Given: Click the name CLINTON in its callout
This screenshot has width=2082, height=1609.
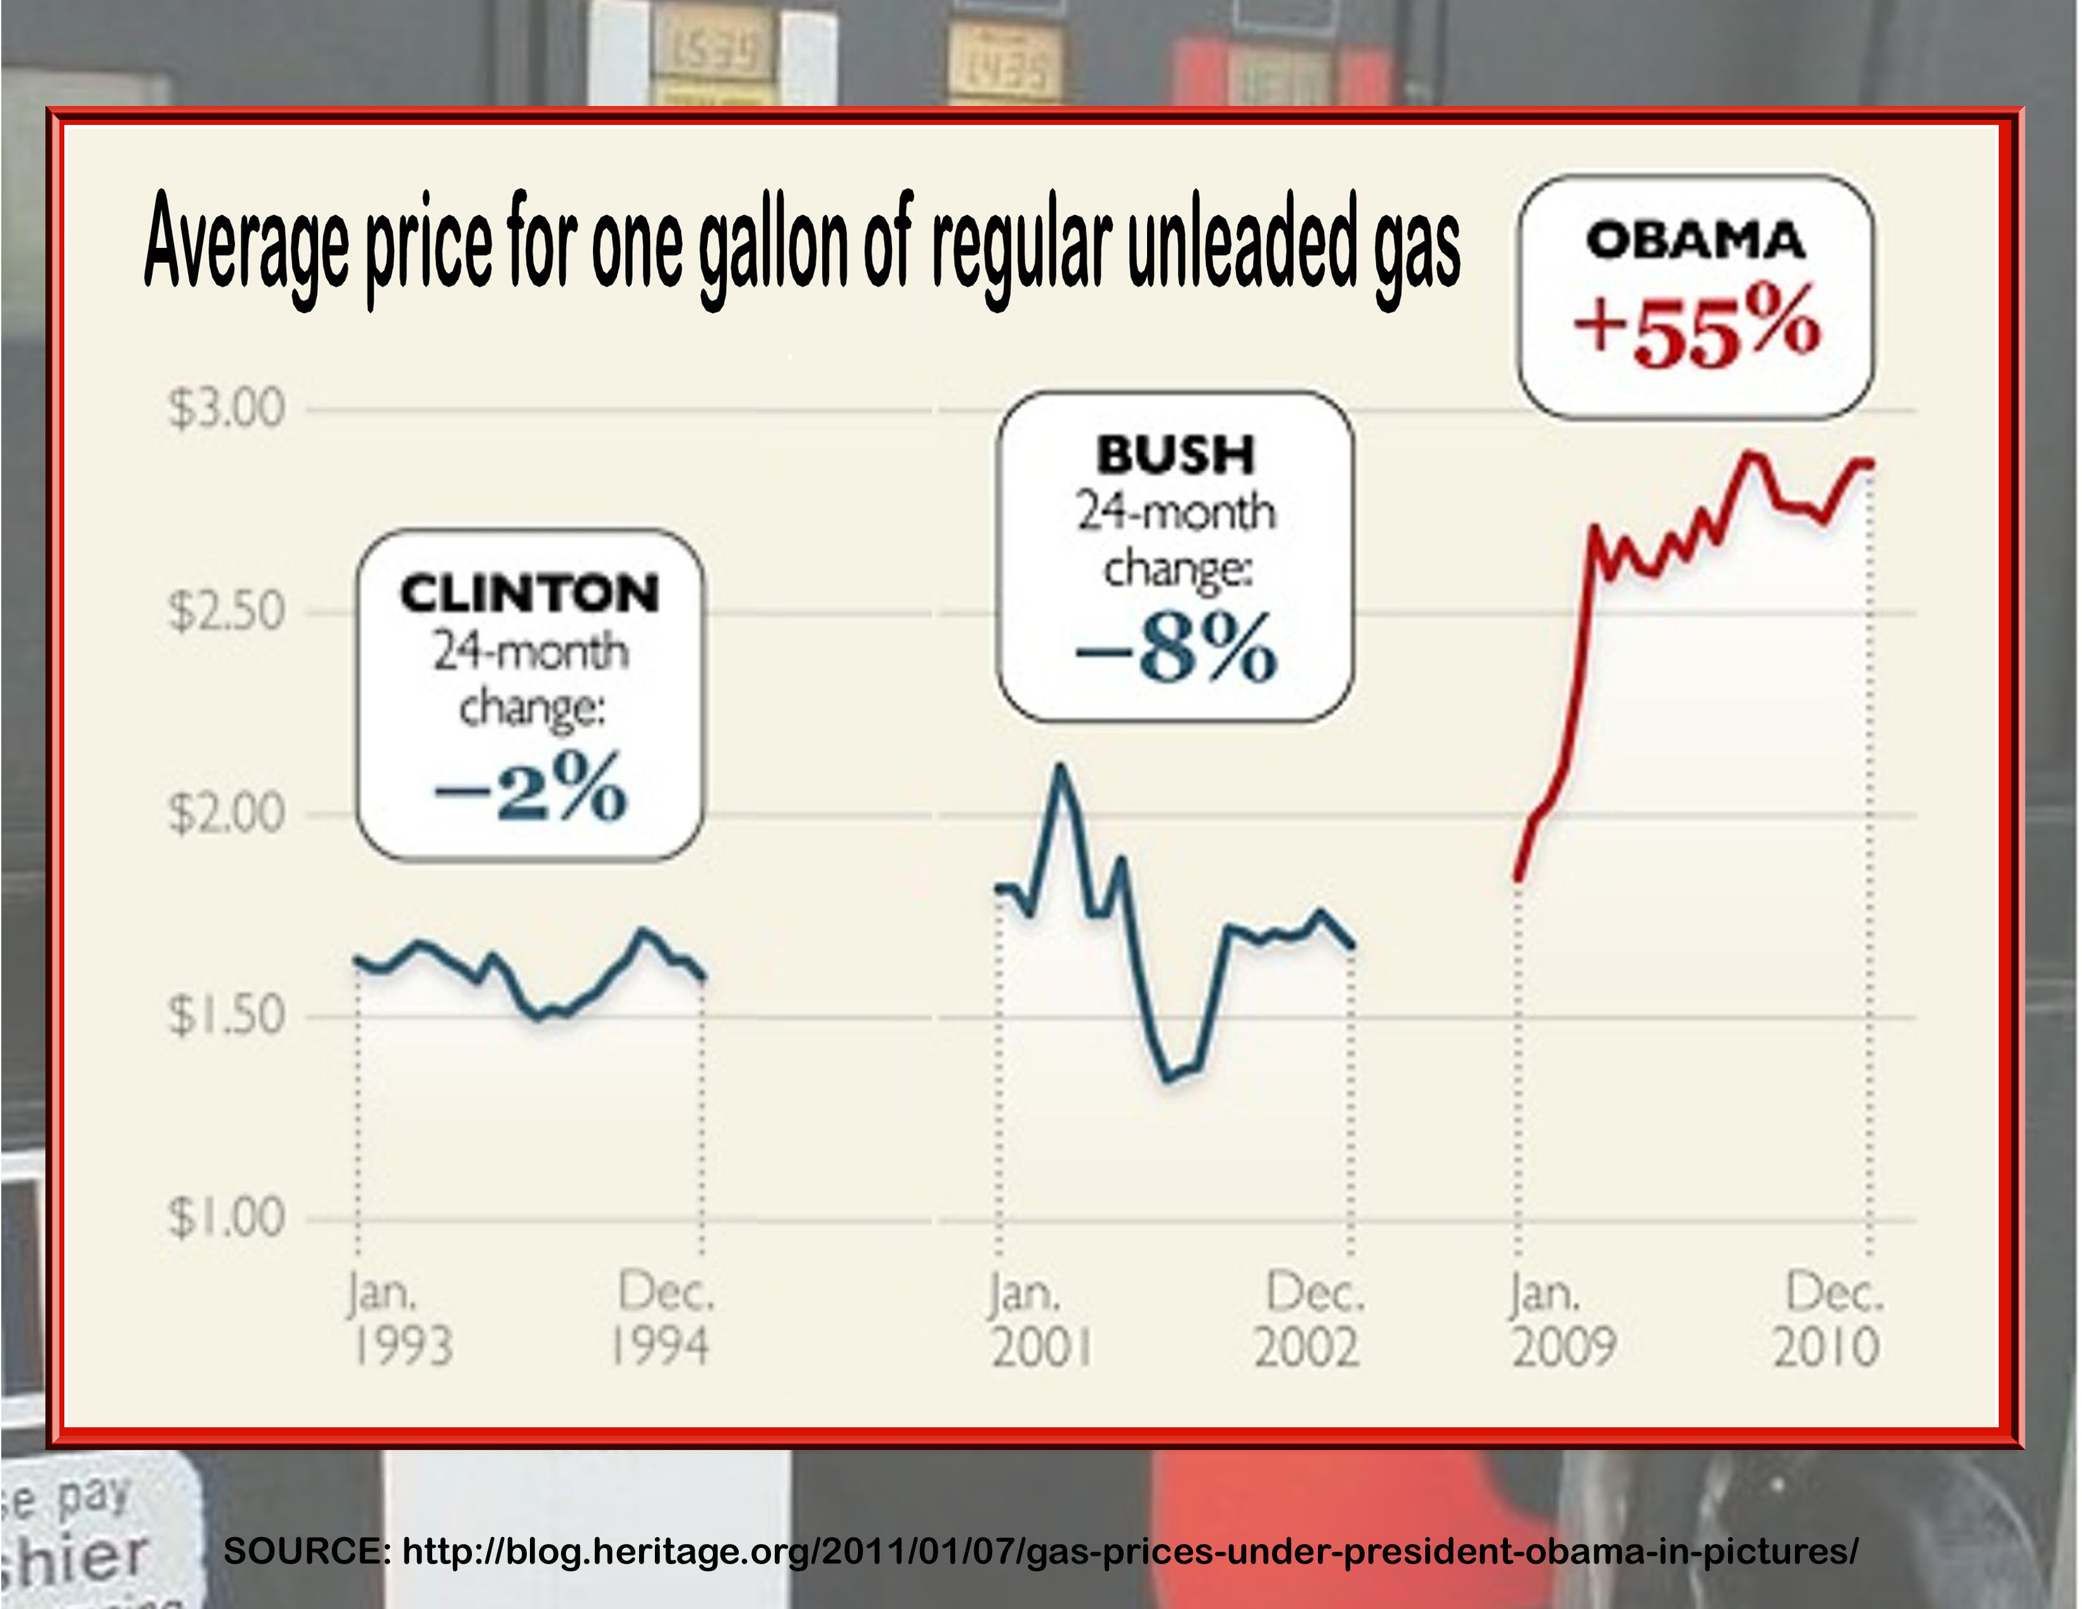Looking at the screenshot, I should (x=529, y=594).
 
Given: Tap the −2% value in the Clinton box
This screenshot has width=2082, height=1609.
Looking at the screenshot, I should (x=530, y=788).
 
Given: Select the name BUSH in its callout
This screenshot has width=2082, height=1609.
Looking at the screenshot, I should (x=1175, y=455).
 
